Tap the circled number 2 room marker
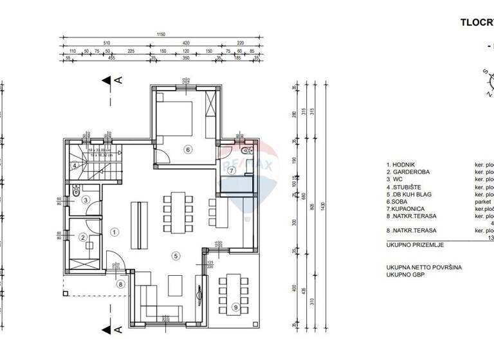pyautogui.click(x=83, y=237)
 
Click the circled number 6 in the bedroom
pyautogui.click(x=188, y=150)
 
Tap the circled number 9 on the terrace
pyautogui.click(x=236, y=307)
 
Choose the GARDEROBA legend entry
pyautogui.click(x=410, y=172)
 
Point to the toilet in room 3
pyautogui.click(x=76, y=190)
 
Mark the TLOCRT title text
pyautogui.click(x=477, y=21)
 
